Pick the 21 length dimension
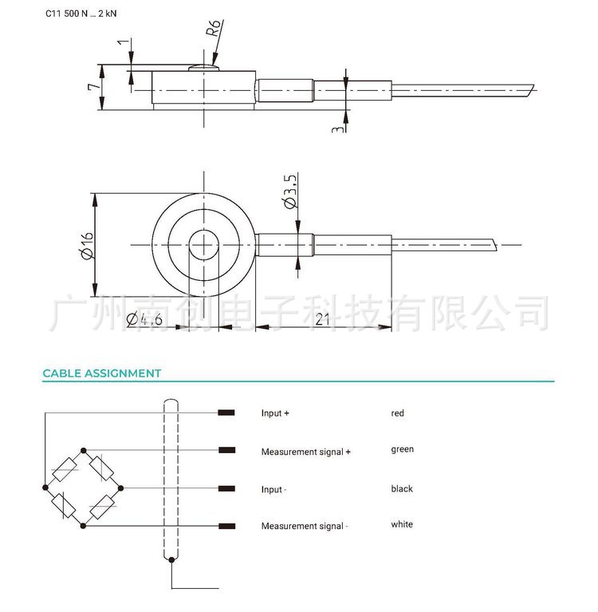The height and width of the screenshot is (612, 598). [323, 320]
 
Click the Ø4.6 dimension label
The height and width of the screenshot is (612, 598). [145, 321]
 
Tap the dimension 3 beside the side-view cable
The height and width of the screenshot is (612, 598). [338, 125]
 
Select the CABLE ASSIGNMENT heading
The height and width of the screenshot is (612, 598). [102, 373]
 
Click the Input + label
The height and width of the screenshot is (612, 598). [275, 413]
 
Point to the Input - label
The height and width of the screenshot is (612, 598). [273, 489]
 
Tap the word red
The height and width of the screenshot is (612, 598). [397, 413]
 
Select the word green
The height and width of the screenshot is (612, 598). [402, 449]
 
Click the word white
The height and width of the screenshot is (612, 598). [402, 524]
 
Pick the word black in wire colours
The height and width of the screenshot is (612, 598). [402, 488]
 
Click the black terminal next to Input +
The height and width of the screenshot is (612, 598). [226, 413]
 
